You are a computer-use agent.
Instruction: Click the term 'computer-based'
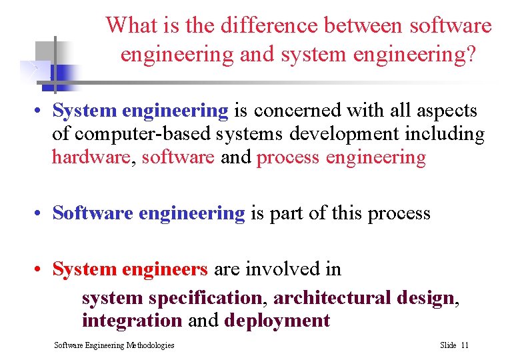(x=143, y=134)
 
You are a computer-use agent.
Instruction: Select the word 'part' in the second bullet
(x=287, y=213)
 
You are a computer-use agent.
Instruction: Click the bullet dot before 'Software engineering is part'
(x=41, y=214)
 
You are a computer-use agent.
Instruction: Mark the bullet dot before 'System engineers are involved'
(x=41, y=270)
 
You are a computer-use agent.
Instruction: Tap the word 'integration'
(x=131, y=321)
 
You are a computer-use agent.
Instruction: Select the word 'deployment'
(x=277, y=321)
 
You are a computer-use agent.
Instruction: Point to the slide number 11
(x=465, y=345)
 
